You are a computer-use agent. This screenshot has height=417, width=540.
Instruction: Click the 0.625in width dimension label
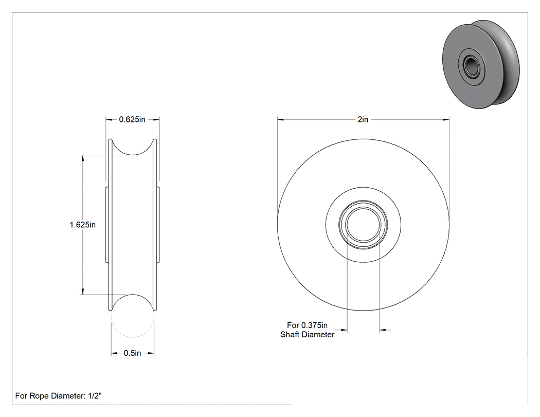(132, 119)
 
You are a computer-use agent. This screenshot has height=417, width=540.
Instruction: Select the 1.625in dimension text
(83, 225)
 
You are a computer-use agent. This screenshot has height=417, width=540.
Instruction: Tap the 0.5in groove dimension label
(132, 353)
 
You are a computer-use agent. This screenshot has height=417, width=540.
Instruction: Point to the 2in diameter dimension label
(363, 119)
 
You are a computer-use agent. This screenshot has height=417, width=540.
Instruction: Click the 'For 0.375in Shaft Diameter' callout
(307, 330)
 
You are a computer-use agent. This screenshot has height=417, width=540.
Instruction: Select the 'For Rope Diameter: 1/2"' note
(59, 396)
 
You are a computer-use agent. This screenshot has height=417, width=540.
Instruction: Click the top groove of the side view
(133, 154)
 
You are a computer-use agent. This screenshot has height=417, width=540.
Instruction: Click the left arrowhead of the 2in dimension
(281, 119)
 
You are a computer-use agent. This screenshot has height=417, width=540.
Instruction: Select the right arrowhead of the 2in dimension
(446, 119)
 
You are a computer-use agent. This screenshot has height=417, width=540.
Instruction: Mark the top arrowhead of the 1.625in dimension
(82, 158)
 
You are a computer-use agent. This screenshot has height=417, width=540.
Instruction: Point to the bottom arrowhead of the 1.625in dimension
(82, 292)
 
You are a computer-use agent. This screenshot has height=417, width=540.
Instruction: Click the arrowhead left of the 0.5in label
(114, 353)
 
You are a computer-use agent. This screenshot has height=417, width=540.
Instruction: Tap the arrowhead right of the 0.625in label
(156, 119)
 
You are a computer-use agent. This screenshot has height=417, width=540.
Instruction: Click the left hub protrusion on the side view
(107, 225)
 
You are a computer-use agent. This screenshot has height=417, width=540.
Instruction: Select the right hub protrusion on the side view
(158, 225)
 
